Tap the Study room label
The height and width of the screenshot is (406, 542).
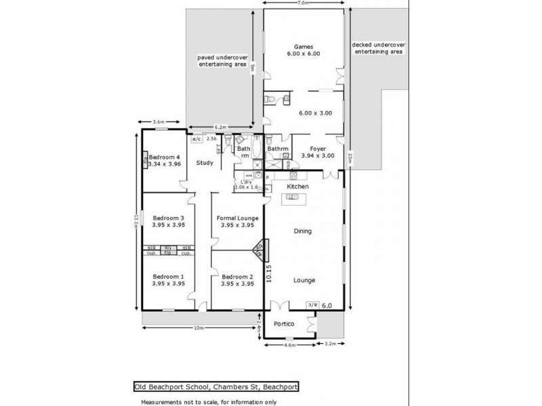(x=205, y=163)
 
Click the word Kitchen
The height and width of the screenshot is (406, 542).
(x=298, y=186)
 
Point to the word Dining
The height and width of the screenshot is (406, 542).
(x=302, y=231)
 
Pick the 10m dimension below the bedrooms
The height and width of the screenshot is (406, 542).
(x=199, y=329)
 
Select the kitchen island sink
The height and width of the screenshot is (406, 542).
(x=293, y=198)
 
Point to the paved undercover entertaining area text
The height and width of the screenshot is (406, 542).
(x=222, y=61)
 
